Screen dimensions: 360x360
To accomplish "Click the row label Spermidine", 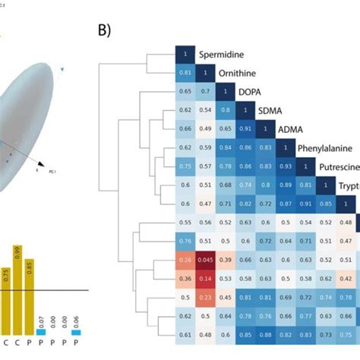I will point(226,55).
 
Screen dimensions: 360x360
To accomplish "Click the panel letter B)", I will point(107,32).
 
